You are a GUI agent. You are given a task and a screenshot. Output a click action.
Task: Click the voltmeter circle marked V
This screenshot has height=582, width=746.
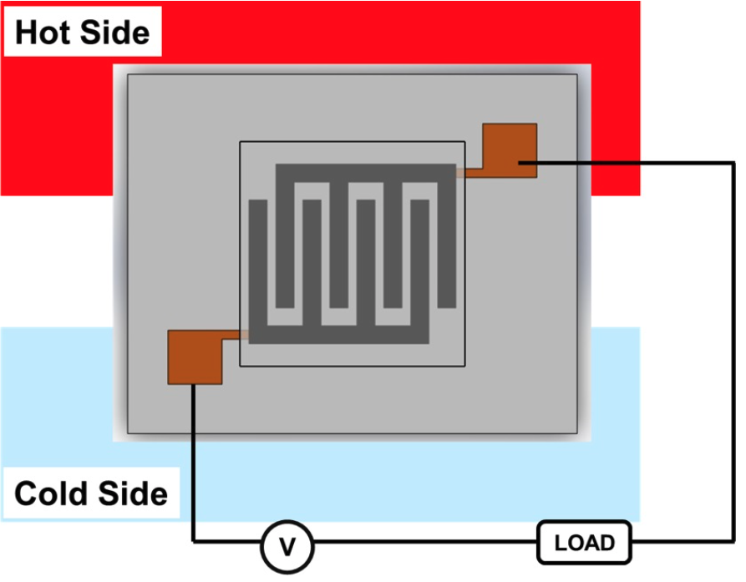click(287, 547)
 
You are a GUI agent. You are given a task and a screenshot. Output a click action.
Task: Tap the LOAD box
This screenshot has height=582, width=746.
click(585, 544)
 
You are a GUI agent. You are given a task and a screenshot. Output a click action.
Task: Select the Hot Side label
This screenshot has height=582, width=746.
click(82, 33)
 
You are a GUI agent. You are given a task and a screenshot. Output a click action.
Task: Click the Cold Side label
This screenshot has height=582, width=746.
click(90, 493)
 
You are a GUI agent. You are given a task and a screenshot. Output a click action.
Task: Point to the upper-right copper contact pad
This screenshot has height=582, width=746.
click(510, 149)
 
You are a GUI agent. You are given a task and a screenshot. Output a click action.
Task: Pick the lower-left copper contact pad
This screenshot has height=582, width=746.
click(195, 357)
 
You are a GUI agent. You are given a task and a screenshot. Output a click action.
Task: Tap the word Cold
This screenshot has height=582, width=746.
click(49, 493)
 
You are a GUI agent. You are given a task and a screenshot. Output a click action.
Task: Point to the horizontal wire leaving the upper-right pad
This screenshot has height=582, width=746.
click(635, 164)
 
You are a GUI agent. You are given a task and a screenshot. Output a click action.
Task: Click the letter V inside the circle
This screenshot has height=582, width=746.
click(287, 547)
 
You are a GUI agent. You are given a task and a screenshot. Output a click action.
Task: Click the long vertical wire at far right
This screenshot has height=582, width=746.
click(733, 351)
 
